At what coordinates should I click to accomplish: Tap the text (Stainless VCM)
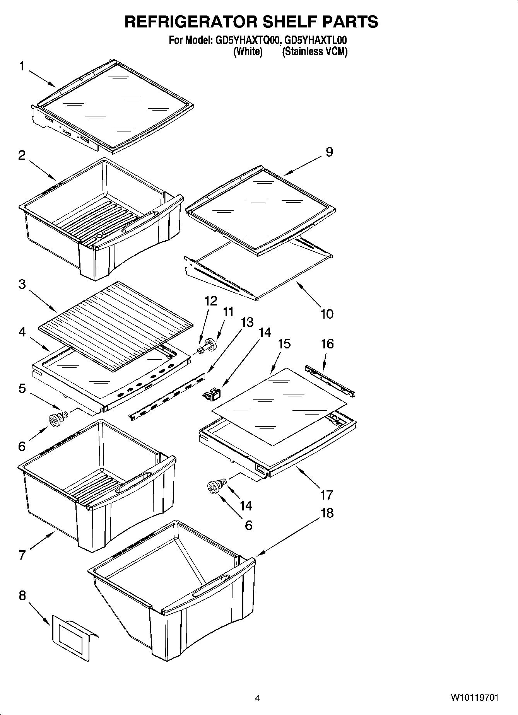pos(315,52)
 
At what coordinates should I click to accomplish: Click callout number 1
pos(22,67)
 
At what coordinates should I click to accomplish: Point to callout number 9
pos(329,152)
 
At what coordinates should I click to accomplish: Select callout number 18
pos(327,513)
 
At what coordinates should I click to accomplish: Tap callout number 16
pos(327,344)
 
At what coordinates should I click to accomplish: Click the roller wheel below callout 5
pos(56,418)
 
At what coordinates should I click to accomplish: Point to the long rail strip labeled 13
pos(167,396)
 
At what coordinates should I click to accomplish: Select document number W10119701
pos(474,698)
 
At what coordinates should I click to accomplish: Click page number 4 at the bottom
pos(258,698)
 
